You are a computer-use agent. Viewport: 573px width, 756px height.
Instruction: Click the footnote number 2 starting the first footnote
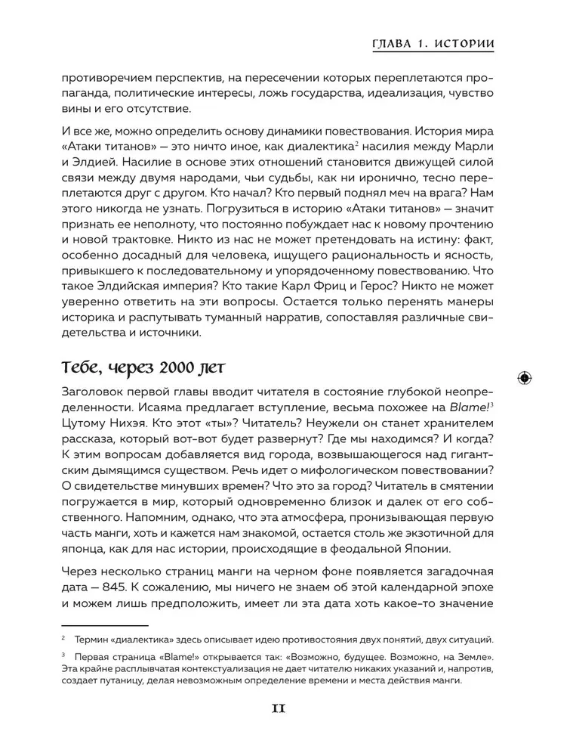63,639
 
